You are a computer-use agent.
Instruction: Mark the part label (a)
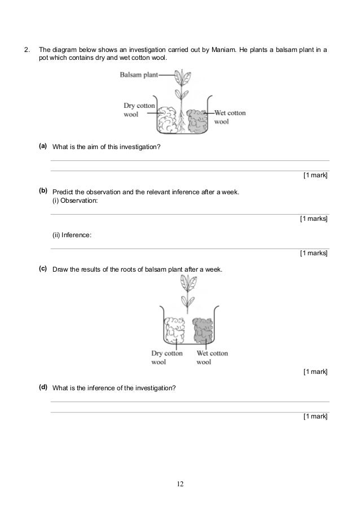coord(43,146)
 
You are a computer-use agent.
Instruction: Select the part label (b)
coord(43,191)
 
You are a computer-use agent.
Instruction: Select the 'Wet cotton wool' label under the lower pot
coord(212,358)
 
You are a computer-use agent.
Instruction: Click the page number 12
coord(179,484)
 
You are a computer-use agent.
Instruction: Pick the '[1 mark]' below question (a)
coord(315,176)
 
